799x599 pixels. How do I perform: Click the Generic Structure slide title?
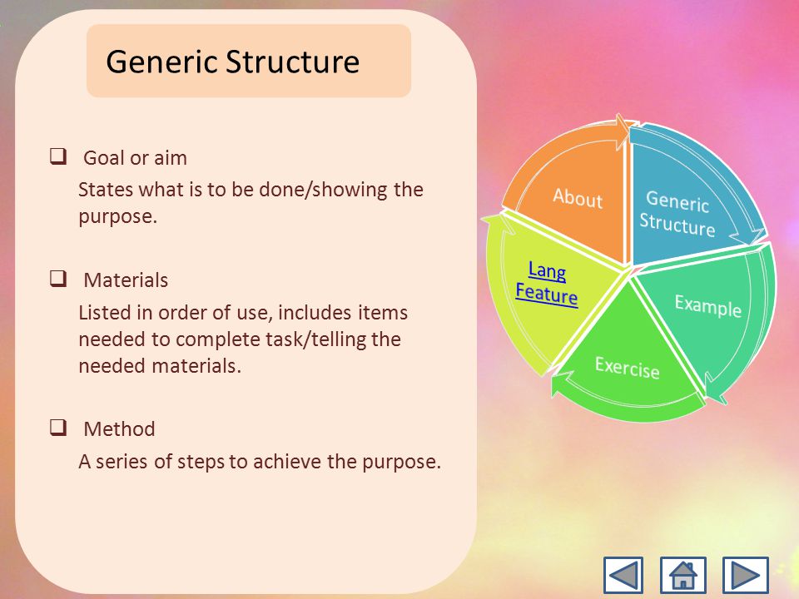pyautogui.click(x=233, y=62)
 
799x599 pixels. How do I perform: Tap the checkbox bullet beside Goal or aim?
pyautogui.click(x=58, y=156)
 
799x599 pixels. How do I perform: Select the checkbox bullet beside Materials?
pyautogui.click(x=58, y=279)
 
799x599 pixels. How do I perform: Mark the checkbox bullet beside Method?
pyautogui.click(x=58, y=428)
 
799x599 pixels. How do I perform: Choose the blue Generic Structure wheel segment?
pyautogui.click(x=682, y=204)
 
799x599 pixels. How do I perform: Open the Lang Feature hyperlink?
pyautogui.click(x=547, y=283)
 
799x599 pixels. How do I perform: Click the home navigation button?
pyautogui.click(x=682, y=575)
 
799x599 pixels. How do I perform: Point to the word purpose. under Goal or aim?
pyautogui.click(x=117, y=217)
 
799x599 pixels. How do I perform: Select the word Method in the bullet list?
pyautogui.click(x=119, y=429)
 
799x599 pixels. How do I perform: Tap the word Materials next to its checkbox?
pyautogui.click(x=126, y=280)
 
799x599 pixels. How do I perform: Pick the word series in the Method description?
pyautogui.click(x=123, y=462)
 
